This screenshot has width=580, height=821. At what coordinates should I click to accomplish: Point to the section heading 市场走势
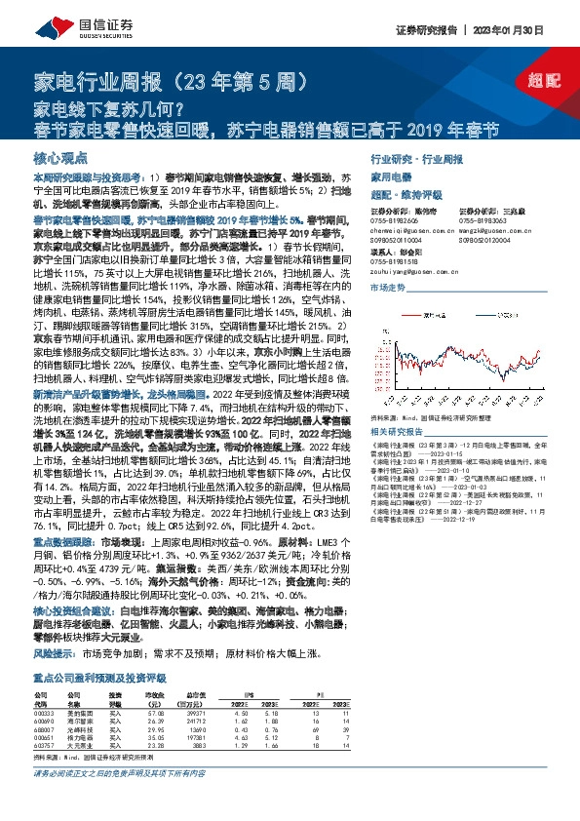point(387,288)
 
